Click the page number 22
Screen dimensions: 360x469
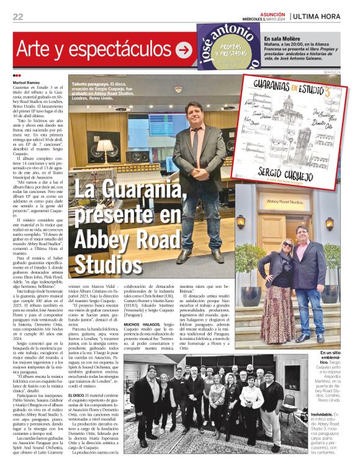coord(18,17)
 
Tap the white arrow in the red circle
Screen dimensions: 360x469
coord(184,50)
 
